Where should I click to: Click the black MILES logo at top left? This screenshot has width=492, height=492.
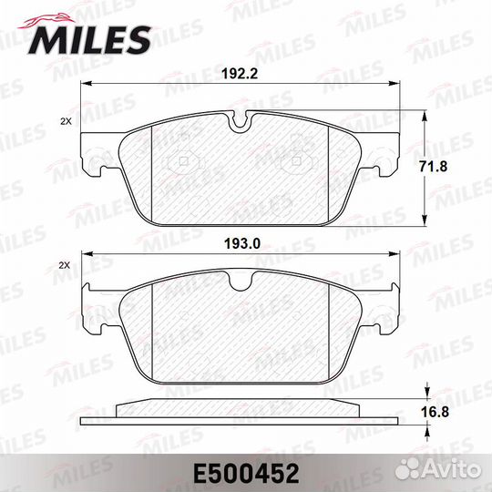(90, 36)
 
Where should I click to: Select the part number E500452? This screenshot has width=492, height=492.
(246, 471)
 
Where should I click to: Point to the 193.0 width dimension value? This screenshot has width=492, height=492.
(242, 242)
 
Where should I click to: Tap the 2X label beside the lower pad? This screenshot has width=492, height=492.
(65, 265)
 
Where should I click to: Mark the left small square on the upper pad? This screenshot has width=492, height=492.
(185, 163)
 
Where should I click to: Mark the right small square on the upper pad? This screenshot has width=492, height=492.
(298, 163)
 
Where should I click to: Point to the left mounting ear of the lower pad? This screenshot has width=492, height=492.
(93, 305)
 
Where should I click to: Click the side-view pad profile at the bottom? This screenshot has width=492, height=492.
(241, 413)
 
